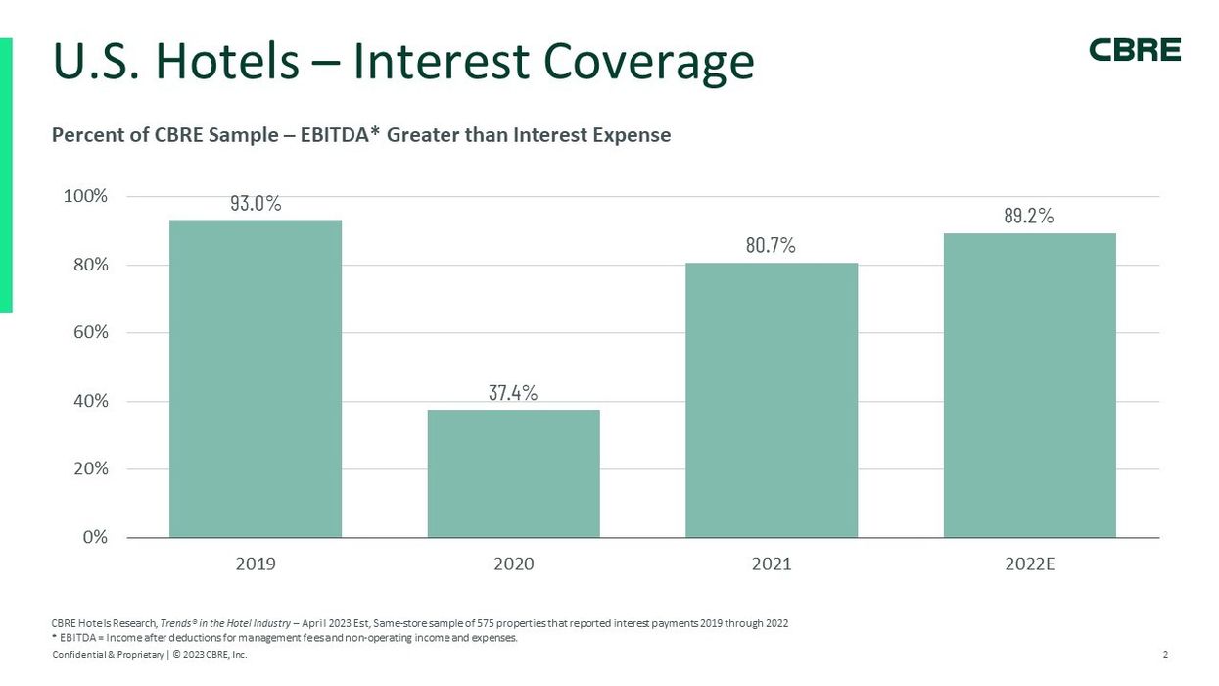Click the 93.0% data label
pos(256,204)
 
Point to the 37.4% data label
pos(513,393)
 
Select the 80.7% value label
pos(771,246)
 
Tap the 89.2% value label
pos(1028,217)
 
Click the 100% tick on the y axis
pos(86,197)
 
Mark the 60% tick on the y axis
pos(90,333)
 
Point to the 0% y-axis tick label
pos(94,537)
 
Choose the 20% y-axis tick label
pos(90,469)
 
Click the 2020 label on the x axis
pos(513,564)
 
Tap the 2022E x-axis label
pos(1029,564)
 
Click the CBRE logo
pos(1135,50)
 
